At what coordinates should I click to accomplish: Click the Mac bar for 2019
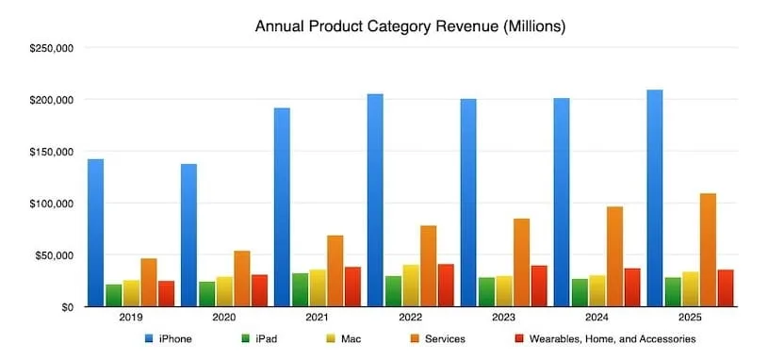click(131, 293)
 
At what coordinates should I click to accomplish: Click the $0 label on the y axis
click(68, 307)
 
